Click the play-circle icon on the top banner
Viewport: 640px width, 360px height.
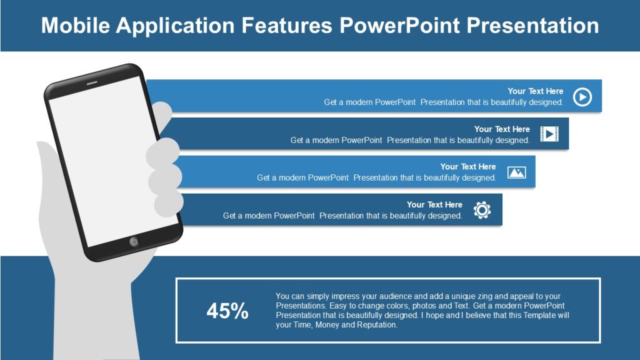pos(582,97)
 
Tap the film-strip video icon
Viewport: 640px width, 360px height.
pos(549,134)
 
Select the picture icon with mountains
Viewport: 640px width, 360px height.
pos(516,172)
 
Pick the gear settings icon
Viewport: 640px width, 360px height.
pos(482,210)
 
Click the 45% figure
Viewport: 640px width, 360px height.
pos(227,311)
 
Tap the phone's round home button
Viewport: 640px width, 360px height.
pos(134,242)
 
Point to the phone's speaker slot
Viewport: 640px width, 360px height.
pos(92,82)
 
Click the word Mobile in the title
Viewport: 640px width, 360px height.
pos(75,26)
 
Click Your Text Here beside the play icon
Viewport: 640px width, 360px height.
pos(535,91)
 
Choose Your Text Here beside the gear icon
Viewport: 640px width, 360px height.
pos(434,204)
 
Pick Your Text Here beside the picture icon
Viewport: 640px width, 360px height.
pos(468,167)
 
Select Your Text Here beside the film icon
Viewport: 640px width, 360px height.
pos(502,129)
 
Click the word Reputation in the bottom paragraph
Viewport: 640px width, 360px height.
pos(376,325)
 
